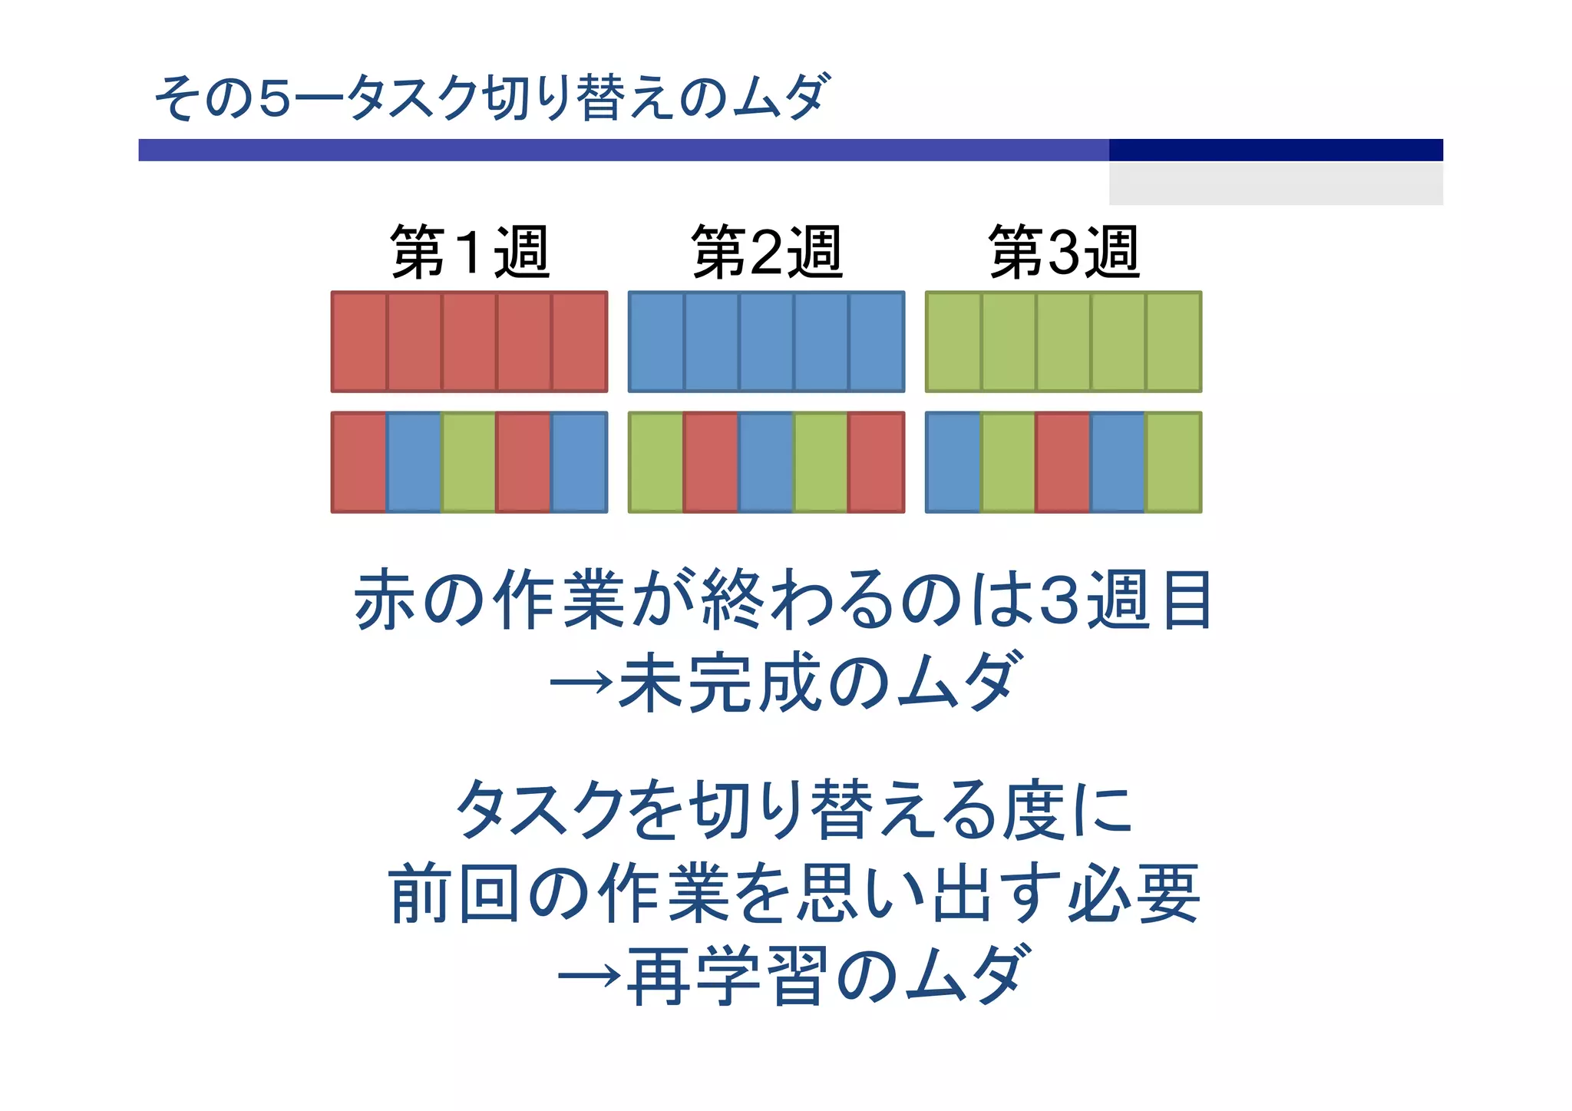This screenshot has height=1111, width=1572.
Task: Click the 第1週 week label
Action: click(470, 252)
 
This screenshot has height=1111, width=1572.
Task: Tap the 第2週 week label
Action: click(767, 252)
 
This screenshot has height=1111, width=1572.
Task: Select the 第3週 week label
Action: click(1064, 252)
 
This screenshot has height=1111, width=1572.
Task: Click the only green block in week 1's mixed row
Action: click(468, 462)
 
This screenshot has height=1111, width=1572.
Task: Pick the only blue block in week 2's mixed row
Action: click(766, 462)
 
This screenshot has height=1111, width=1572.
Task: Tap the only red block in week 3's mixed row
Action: click(1063, 462)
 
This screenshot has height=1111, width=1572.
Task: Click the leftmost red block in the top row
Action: click(359, 342)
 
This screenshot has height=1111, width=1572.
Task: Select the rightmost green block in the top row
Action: click(1174, 342)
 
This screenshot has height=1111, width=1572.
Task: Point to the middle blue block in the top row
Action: click(766, 342)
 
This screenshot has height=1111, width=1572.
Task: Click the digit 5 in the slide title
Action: click(275, 98)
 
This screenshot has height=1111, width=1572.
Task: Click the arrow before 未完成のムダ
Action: click(582, 681)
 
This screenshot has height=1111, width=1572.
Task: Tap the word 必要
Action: click(1133, 892)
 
